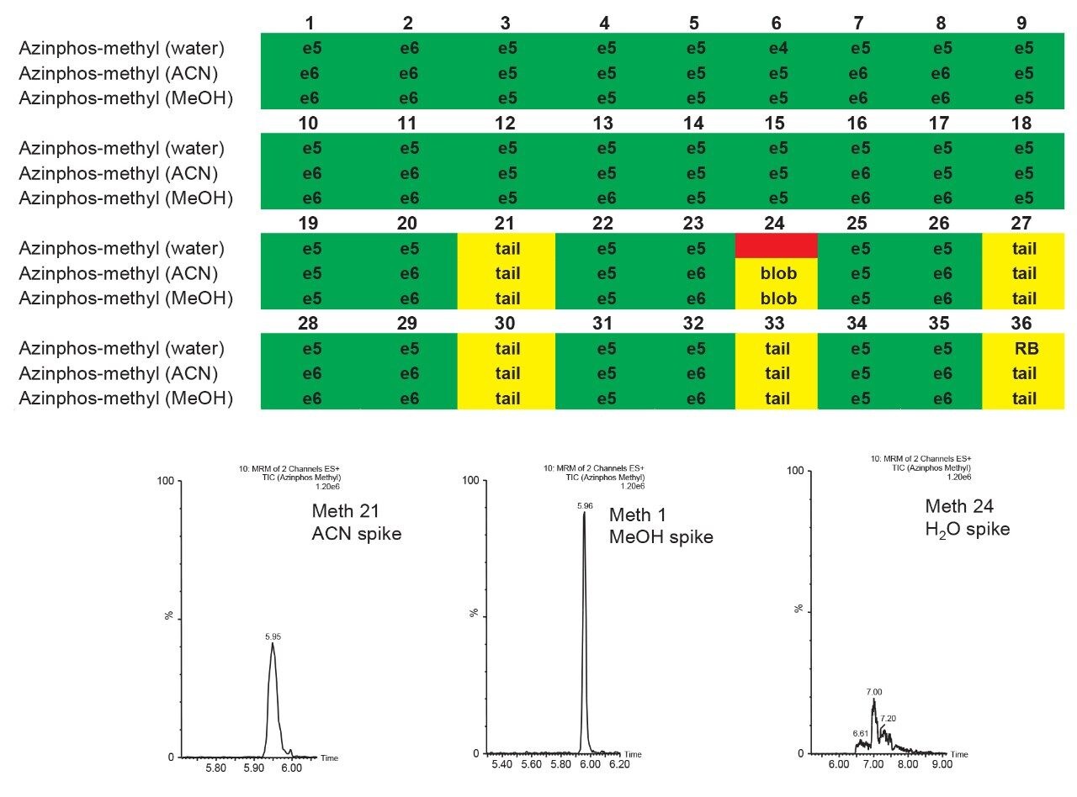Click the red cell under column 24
pyautogui.click(x=777, y=246)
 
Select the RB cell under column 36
pyautogui.click(x=1025, y=349)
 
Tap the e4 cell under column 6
pyautogui.click(x=778, y=48)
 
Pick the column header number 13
pyautogui.click(x=602, y=124)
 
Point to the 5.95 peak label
pyautogui.click(x=273, y=636)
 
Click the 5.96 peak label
pyautogui.click(x=586, y=506)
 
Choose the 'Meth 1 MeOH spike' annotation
pyautogui.click(x=661, y=525)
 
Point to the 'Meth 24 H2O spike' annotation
pyautogui.click(x=967, y=517)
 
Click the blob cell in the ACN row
pyautogui.click(x=777, y=273)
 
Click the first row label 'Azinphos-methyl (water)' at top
pyautogui.click(x=122, y=48)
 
